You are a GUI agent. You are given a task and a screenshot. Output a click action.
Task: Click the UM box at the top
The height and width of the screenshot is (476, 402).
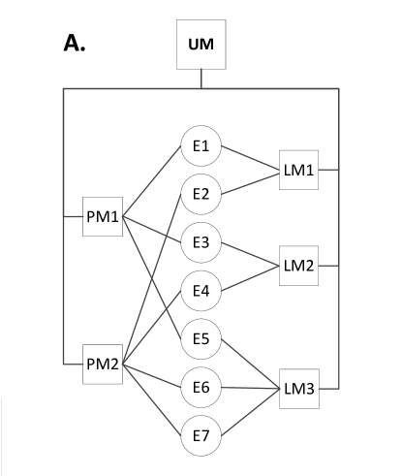[201, 47]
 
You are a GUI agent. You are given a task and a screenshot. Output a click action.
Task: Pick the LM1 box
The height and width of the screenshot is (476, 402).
[298, 169]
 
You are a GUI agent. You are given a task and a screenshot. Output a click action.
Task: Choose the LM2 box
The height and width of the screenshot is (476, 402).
[298, 264]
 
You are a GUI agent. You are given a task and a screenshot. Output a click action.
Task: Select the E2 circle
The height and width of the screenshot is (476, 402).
[201, 194]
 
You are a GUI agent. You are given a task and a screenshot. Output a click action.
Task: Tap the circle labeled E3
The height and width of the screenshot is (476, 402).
[201, 241]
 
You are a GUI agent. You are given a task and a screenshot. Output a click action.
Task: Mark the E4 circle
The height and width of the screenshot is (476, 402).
[201, 290]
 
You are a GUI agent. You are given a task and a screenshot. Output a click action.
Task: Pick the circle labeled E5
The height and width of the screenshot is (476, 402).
[201, 338]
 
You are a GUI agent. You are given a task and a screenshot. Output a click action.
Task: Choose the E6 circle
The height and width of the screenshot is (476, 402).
[201, 387]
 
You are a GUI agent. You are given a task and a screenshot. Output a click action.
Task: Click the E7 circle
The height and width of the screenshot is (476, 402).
[201, 435]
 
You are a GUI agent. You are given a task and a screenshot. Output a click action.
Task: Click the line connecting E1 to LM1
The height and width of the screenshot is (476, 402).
[250, 157]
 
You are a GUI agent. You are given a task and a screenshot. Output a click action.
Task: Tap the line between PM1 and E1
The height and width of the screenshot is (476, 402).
[153, 184]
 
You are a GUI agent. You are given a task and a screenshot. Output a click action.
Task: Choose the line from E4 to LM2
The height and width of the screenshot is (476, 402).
[250, 277]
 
